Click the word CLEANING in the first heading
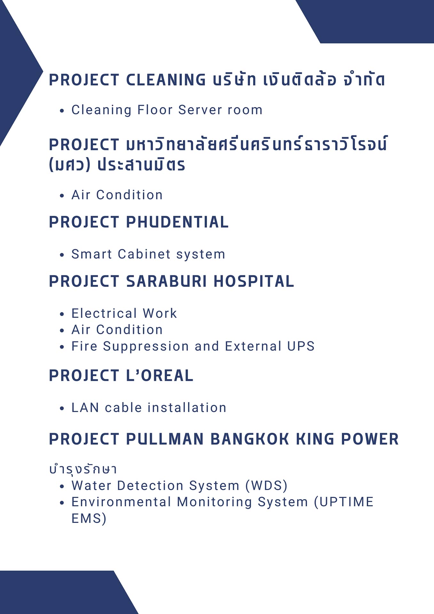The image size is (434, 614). coord(166,80)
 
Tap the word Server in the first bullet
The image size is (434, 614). coord(200,110)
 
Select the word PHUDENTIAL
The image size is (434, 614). coord(178,222)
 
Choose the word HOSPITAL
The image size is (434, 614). coord(254,281)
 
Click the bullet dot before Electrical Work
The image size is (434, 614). coord(62,314)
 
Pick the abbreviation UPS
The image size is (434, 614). coord(301,346)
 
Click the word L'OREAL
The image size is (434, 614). coord(160,375)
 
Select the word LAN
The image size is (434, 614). coord(85,407)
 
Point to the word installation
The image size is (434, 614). coord(187,407)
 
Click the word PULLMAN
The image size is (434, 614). coord(165,439)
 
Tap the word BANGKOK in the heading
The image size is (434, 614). coord(250,439)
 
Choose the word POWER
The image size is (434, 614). coord(370,439)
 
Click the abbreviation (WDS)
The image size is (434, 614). coord(266,485)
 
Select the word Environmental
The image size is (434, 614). coord(121,502)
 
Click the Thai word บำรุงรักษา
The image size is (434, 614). coord(83,469)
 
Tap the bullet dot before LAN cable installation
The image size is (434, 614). coord(62,408)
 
